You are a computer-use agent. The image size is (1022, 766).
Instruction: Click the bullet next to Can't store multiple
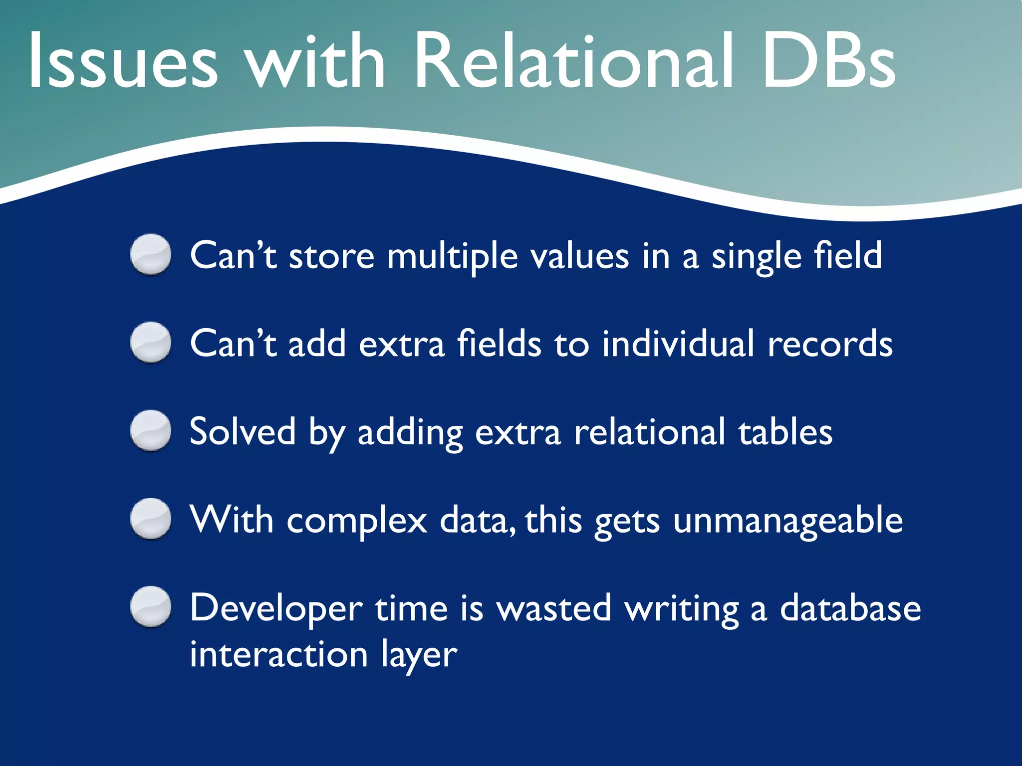point(151,254)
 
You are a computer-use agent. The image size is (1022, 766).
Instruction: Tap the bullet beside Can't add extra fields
point(151,343)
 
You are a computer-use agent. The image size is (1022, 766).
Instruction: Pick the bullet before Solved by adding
point(151,430)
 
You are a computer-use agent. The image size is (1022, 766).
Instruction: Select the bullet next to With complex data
point(151,519)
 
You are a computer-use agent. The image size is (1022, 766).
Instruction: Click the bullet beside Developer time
point(151,606)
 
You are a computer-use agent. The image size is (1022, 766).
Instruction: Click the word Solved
point(243,432)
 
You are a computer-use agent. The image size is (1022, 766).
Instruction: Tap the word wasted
point(554,608)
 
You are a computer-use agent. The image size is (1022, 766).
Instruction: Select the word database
point(850,608)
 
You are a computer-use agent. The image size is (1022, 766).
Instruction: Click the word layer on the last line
point(419,655)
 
